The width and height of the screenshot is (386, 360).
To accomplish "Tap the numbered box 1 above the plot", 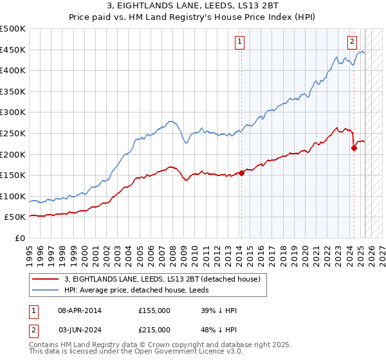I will point(239,42).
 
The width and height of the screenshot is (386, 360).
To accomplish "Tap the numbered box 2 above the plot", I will point(353,42).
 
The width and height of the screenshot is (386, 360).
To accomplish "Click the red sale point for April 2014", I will point(241,172).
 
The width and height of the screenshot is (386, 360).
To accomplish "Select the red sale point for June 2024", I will point(354,148).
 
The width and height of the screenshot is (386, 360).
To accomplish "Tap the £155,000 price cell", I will point(154,310).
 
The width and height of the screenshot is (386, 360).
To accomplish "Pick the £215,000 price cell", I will point(154,330).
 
